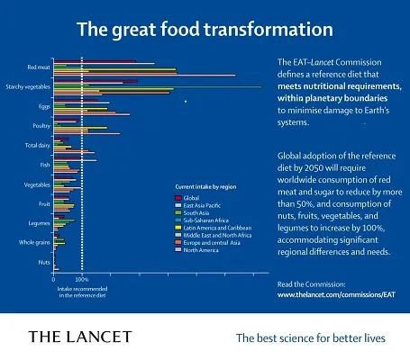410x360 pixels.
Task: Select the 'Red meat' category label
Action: tap(37, 67)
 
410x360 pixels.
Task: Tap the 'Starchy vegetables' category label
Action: tap(27, 87)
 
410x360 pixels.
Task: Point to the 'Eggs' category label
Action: tap(43, 106)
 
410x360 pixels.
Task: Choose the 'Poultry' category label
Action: tap(40, 126)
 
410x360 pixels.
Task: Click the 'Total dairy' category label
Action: tap(36, 145)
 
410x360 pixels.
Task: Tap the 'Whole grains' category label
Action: tap(33, 242)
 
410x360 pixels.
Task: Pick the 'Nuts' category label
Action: tap(43, 261)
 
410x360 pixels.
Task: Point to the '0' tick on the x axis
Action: tap(54, 279)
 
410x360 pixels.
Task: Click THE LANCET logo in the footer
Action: tap(80, 337)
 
